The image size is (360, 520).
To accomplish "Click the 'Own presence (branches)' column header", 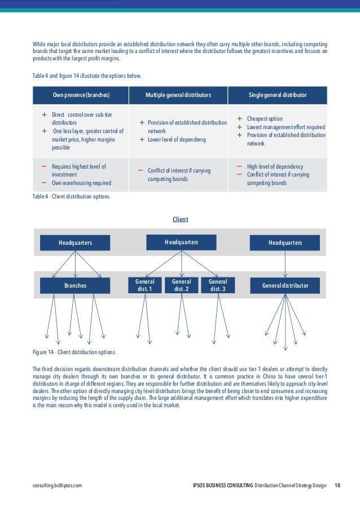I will pyautogui.click(x=81, y=95).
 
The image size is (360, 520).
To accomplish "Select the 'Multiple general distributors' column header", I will pyautogui.click(x=178, y=95).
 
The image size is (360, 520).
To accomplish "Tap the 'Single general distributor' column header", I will pyautogui.click(x=278, y=95).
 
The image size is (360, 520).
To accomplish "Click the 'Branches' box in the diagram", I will pyautogui.click(x=76, y=286).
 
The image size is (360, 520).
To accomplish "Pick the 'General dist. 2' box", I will pyautogui.click(x=181, y=285).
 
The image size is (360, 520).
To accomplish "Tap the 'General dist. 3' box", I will pyautogui.click(x=218, y=285).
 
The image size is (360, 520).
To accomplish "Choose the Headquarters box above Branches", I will pyautogui.click(x=76, y=243).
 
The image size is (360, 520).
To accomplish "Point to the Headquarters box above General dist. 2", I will pyautogui.click(x=181, y=243).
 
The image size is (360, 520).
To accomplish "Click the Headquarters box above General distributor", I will pyautogui.click(x=285, y=243).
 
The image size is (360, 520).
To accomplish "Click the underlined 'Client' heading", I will pyautogui.click(x=180, y=219).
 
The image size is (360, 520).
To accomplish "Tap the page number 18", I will pyautogui.click(x=337, y=486).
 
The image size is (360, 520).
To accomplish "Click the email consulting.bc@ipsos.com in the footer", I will pyautogui.click(x=58, y=486).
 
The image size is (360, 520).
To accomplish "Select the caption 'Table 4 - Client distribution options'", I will pyautogui.click(x=71, y=197).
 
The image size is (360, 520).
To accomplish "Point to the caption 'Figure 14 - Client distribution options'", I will pyautogui.click(x=74, y=352).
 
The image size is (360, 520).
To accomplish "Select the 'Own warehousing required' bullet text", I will pyautogui.click(x=81, y=183).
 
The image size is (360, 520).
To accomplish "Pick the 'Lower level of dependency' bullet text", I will pyautogui.click(x=177, y=139).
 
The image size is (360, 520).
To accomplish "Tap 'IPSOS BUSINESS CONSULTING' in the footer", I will pyautogui.click(x=222, y=486).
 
